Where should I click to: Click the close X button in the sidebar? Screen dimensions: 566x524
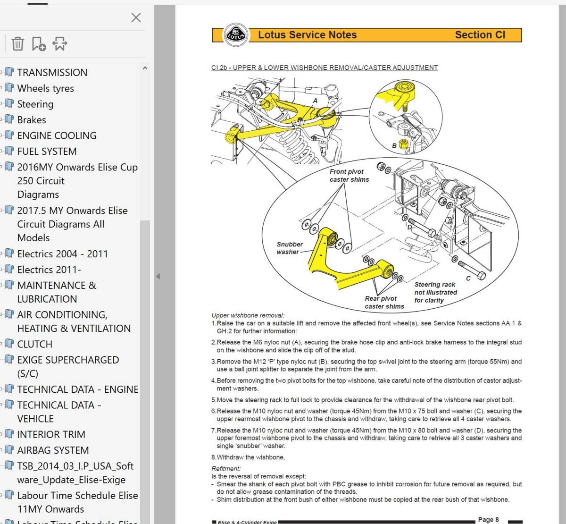[x=136, y=17]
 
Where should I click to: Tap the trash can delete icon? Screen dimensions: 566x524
[x=17, y=44]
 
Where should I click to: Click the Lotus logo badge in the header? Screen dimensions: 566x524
[x=236, y=35]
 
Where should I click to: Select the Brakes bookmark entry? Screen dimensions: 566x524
[x=32, y=120]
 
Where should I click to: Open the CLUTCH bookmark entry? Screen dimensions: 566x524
[x=35, y=344]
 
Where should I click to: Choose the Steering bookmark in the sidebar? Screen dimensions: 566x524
[x=35, y=104]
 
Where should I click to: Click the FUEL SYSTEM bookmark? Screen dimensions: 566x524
[x=47, y=151]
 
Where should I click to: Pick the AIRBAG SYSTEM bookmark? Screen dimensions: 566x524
[x=53, y=450]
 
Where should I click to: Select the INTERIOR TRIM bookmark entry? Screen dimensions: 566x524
[x=51, y=434]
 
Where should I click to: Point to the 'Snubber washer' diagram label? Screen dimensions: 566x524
[x=290, y=248]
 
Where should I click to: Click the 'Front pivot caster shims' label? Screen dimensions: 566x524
[x=349, y=176]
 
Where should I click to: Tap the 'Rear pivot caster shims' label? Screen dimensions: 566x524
[x=384, y=303]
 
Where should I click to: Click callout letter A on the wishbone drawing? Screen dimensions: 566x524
[x=315, y=101]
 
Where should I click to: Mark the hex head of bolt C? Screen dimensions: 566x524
[x=482, y=275]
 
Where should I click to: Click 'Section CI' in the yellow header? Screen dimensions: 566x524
[x=480, y=35]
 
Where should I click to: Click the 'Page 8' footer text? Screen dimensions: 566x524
[x=488, y=519]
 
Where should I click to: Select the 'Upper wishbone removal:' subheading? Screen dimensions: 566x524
[x=248, y=315]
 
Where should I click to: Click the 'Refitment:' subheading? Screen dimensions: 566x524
[x=226, y=469]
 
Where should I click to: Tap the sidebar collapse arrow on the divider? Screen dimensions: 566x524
[x=158, y=276]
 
